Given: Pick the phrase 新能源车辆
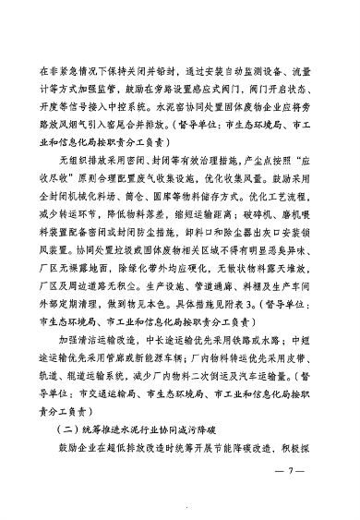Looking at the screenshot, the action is click(x=165, y=371).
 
